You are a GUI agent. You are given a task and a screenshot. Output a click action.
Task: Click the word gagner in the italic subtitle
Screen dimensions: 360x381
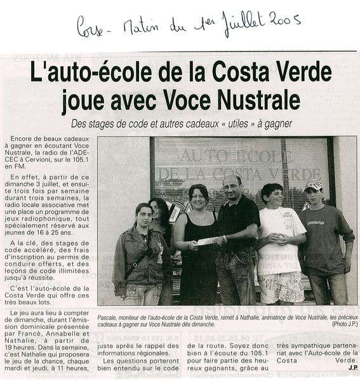[276, 124]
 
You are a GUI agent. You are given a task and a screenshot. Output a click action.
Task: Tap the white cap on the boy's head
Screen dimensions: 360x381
[314, 185]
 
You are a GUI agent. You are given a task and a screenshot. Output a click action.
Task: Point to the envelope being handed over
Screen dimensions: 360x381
[208, 241]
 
